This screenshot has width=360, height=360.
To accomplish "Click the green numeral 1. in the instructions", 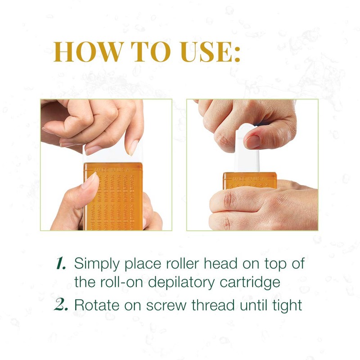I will click(x=61, y=264).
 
